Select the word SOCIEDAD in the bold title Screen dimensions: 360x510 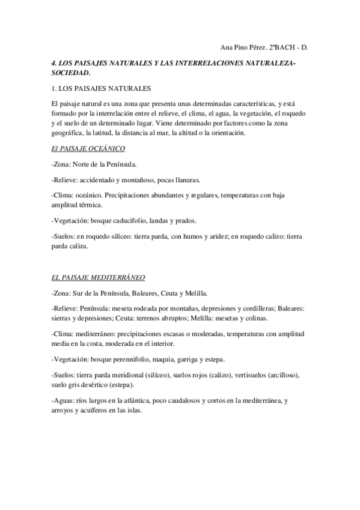(x=70, y=72)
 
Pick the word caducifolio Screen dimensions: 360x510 (x=139, y=220)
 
